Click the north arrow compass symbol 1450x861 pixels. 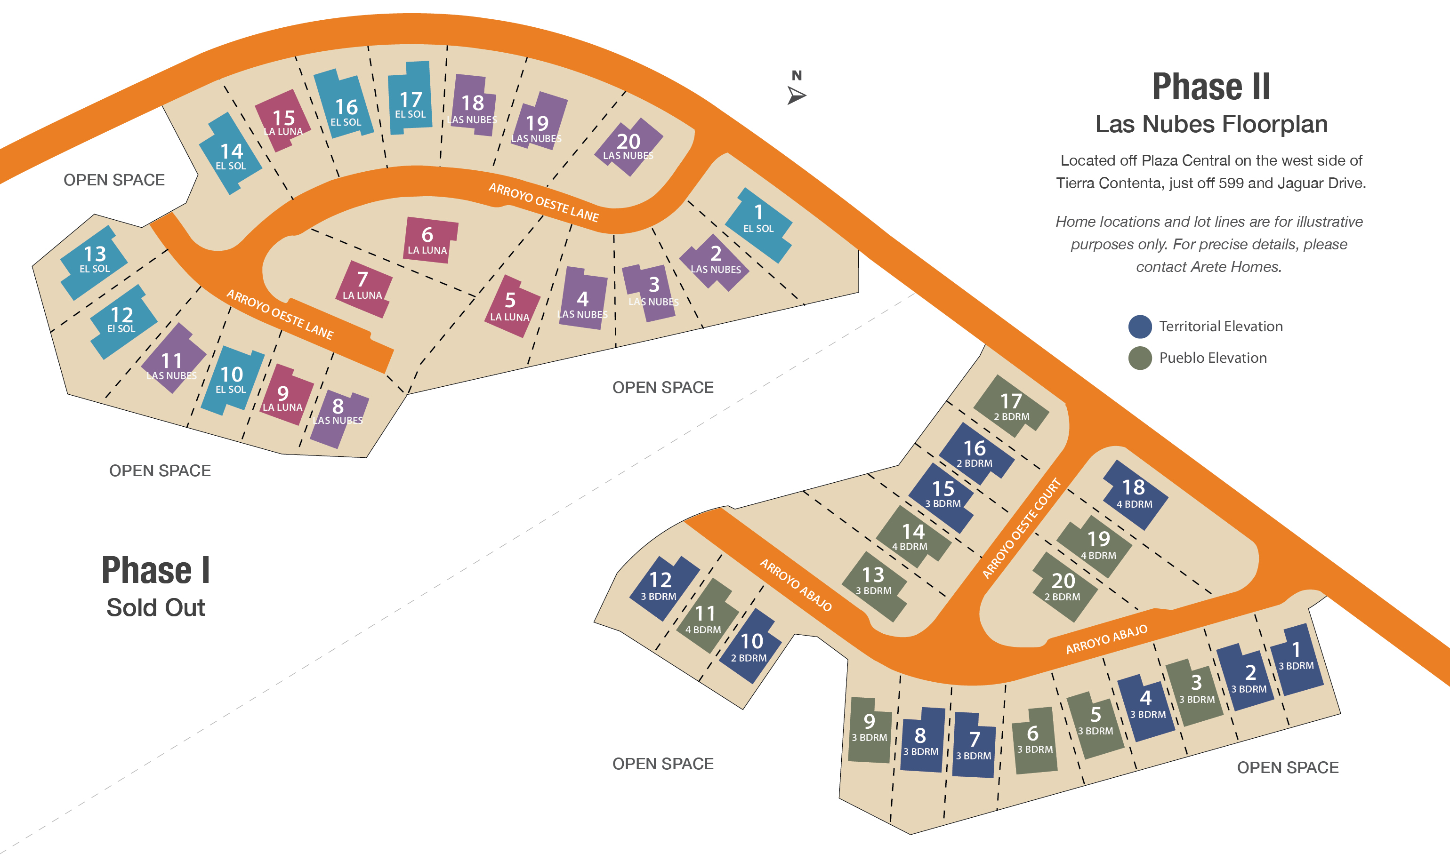(x=797, y=94)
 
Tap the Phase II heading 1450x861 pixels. (x=1211, y=87)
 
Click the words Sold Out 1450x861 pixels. (x=155, y=607)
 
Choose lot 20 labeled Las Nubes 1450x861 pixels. (x=628, y=146)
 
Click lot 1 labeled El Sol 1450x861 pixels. (x=759, y=221)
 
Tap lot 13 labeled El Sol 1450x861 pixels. (x=95, y=259)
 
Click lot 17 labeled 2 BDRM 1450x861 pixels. (x=1011, y=407)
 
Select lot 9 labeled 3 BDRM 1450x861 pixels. (x=869, y=729)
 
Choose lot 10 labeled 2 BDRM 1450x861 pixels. (x=751, y=647)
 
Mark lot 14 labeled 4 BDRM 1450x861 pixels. (x=912, y=537)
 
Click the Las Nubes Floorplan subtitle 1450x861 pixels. (x=1211, y=124)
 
